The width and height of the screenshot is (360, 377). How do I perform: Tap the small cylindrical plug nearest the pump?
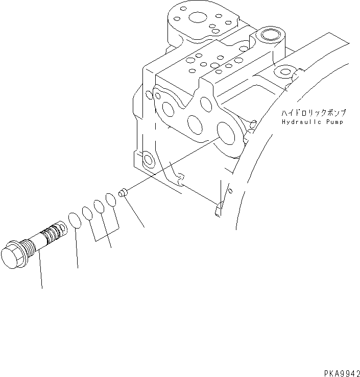pos(122,193)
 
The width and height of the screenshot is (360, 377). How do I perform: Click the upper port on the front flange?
pos(205,104)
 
